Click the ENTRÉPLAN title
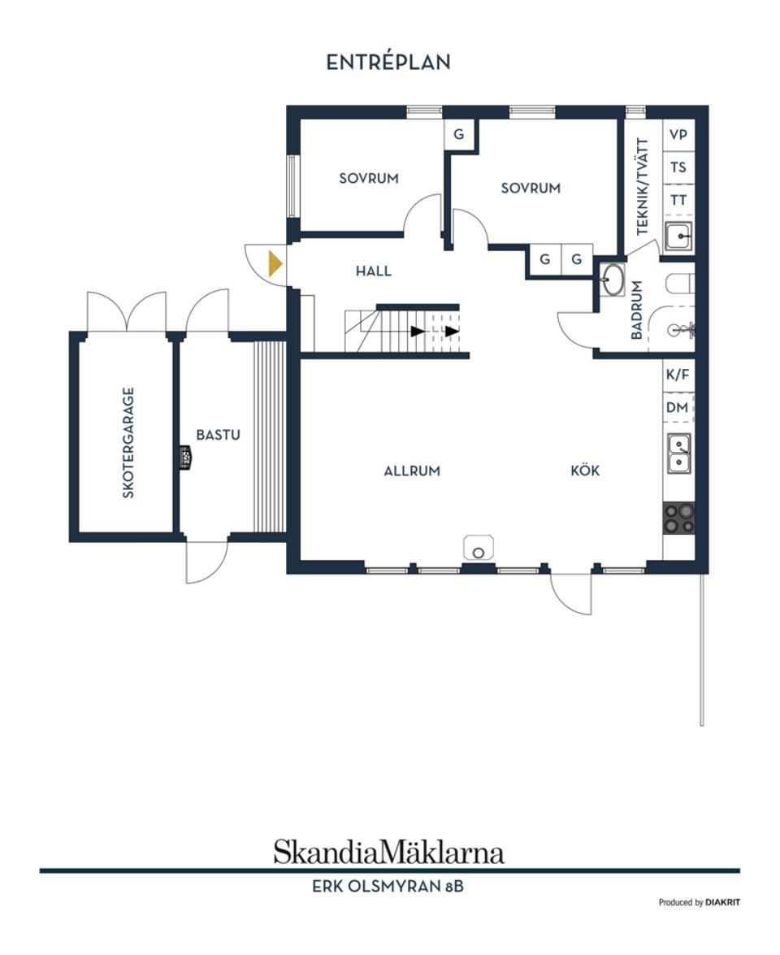pos(388,63)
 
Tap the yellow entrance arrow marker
pos(275,264)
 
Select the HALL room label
pos(373,271)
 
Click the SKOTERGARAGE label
pos(128,442)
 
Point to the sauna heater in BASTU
pos(185,457)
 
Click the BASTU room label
pos(219,435)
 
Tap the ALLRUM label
pos(412,471)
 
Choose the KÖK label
pos(585,471)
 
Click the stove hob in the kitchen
pos(679,518)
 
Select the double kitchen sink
pos(679,454)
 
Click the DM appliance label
pos(678,408)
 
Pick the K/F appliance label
pos(678,375)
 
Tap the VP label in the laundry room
pos(678,135)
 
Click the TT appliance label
pos(678,200)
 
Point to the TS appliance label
pos(678,167)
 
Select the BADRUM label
pos(637,310)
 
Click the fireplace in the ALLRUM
pos(479,548)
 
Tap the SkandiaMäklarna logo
pos(388,852)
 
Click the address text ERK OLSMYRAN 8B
pos(388,887)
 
